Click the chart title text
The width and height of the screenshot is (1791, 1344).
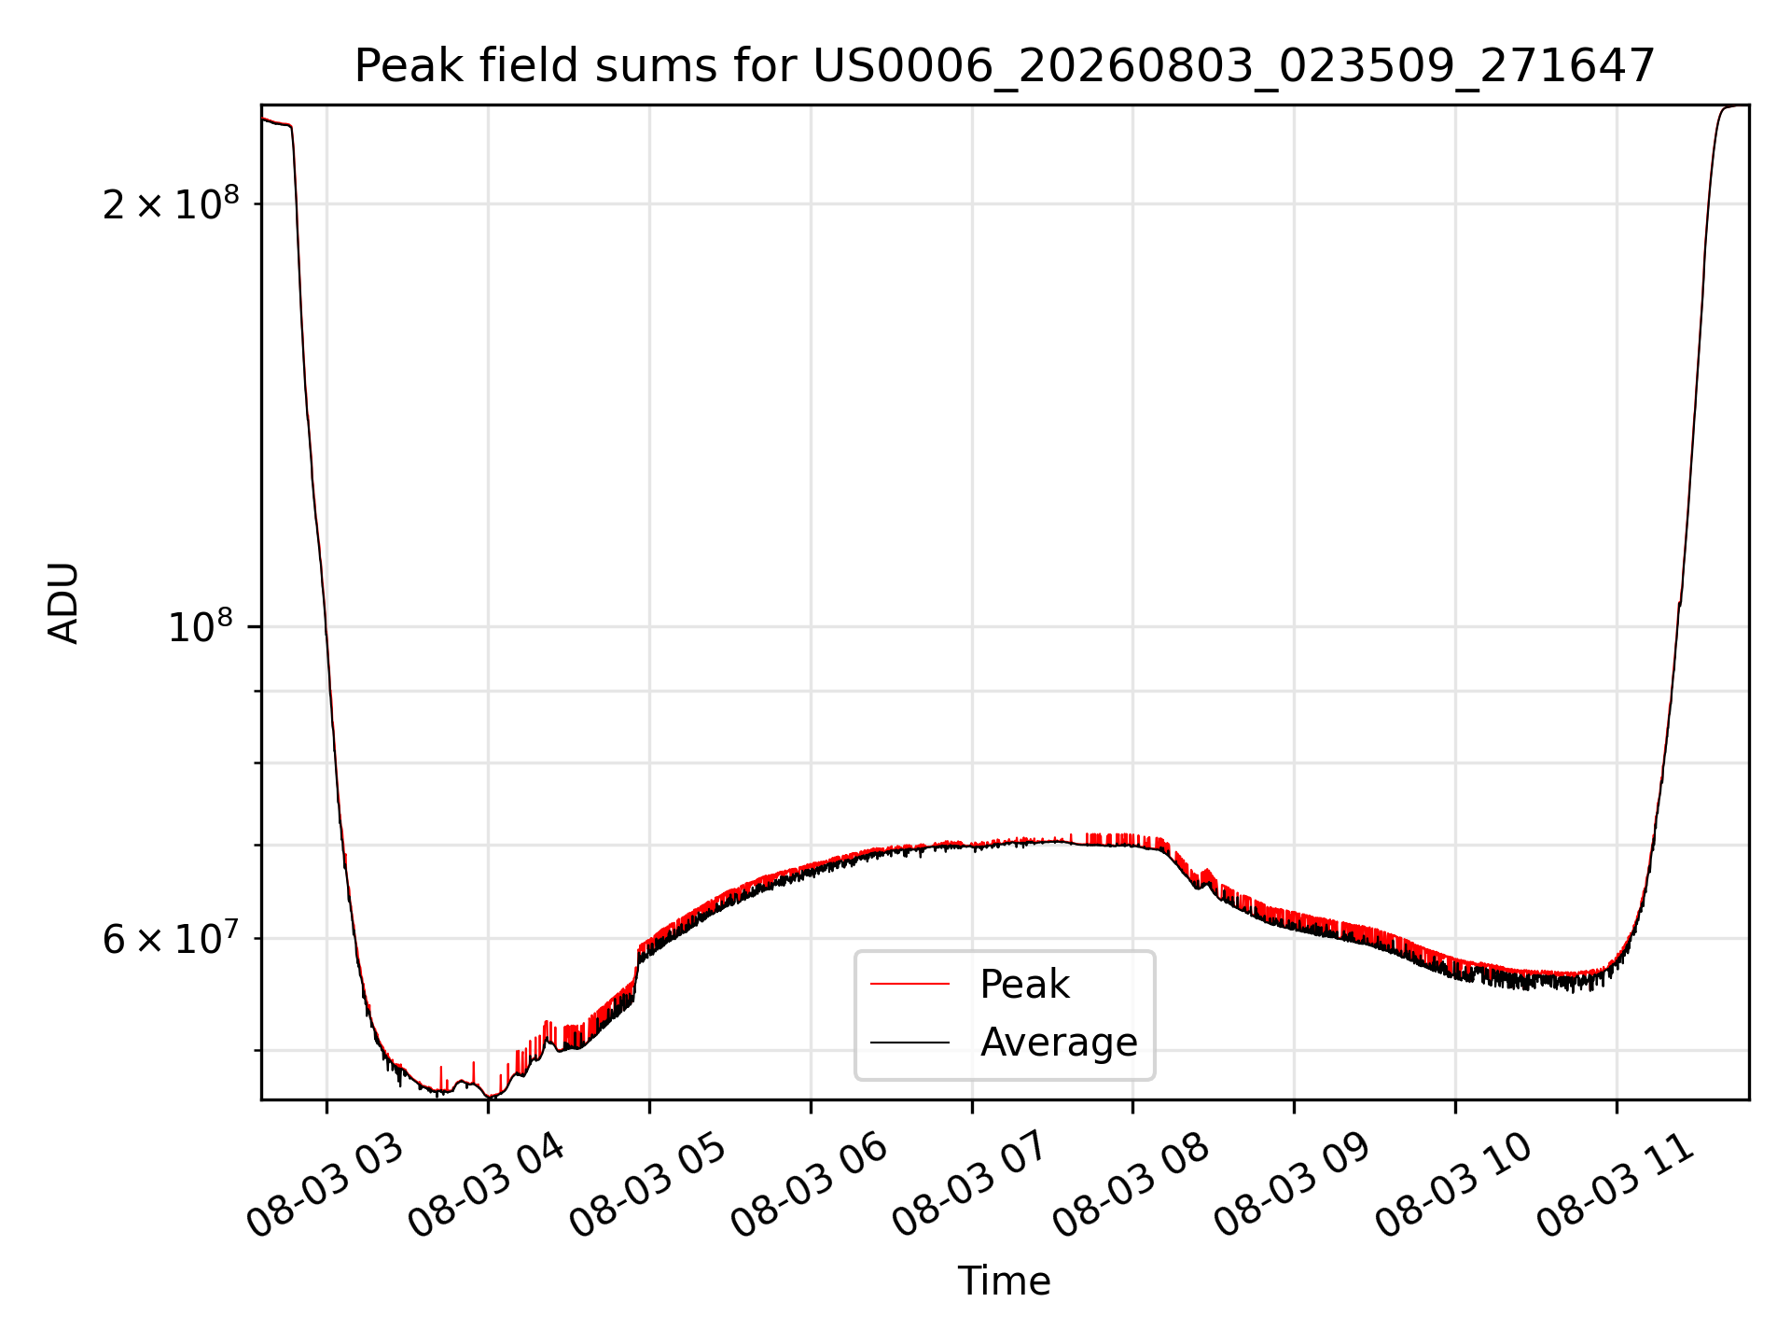1005,66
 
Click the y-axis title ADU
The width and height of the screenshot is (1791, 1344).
63,603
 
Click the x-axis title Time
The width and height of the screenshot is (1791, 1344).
1005,1281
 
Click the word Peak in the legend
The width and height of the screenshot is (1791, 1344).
1024,985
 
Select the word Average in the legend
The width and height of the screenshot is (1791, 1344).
1059,1043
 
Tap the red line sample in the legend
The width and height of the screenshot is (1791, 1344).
909,984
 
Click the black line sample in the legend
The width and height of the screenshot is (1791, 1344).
909,1042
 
